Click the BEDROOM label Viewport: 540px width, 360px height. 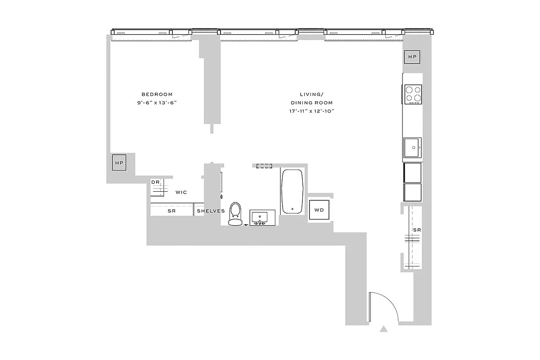tap(157, 94)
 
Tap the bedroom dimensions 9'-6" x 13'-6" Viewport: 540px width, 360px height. tap(157, 103)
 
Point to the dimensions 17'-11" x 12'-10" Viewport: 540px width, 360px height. tap(311, 111)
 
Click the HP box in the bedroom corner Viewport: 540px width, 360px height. tap(119, 162)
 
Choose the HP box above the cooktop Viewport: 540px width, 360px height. tap(412, 57)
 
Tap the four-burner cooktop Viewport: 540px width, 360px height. tap(413, 94)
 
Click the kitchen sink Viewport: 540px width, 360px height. tap(412, 148)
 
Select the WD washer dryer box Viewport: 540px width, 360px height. tap(319, 210)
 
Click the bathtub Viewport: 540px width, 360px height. tap(292, 191)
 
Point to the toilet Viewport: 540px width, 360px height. tap(235, 213)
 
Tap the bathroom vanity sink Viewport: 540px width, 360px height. tap(260, 218)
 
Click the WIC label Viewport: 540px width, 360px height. tap(181, 192)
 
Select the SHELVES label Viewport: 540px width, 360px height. tap(211, 211)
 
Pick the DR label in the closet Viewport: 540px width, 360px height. tap(156, 182)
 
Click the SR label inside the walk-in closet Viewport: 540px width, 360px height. tap(171, 211)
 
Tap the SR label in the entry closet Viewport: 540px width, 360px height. tap(417, 230)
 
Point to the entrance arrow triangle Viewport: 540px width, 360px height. tap(383, 329)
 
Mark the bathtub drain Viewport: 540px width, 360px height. tap(292, 209)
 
